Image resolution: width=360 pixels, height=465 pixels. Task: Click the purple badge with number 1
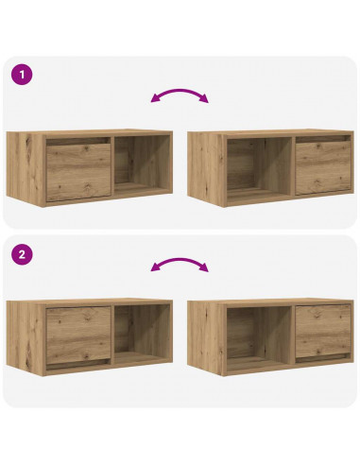pos(21,75)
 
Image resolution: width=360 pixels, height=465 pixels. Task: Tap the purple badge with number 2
pos(21,254)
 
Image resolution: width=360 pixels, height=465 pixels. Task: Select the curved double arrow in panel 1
pos(180,95)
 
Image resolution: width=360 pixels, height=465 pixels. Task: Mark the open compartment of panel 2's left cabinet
pos(142,336)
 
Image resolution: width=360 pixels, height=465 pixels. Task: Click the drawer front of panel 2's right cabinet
pos(322,333)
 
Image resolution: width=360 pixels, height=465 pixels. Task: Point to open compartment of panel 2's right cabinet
pos(255,336)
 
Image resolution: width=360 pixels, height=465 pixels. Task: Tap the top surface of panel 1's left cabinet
pos(90,134)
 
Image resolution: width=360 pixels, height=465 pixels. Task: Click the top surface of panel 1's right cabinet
pos(272,134)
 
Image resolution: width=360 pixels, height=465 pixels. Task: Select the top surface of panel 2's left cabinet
pos(90,302)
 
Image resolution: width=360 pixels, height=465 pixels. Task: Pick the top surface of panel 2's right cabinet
pos(272,302)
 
